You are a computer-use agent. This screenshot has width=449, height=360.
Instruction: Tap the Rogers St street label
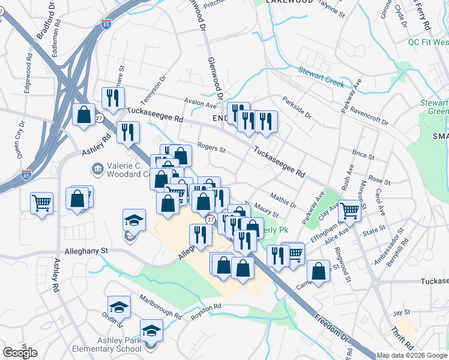pyautogui.click(x=211, y=149)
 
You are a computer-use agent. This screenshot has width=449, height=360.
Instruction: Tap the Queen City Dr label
pyautogui.click(x=21, y=139)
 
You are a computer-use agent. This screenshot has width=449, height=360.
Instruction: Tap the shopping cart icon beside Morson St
pyautogui.click(x=349, y=210)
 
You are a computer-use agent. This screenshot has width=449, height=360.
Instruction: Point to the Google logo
pyautogui.click(x=20, y=353)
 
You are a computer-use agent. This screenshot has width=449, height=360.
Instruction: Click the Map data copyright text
pyautogui.click(x=412, y=355)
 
